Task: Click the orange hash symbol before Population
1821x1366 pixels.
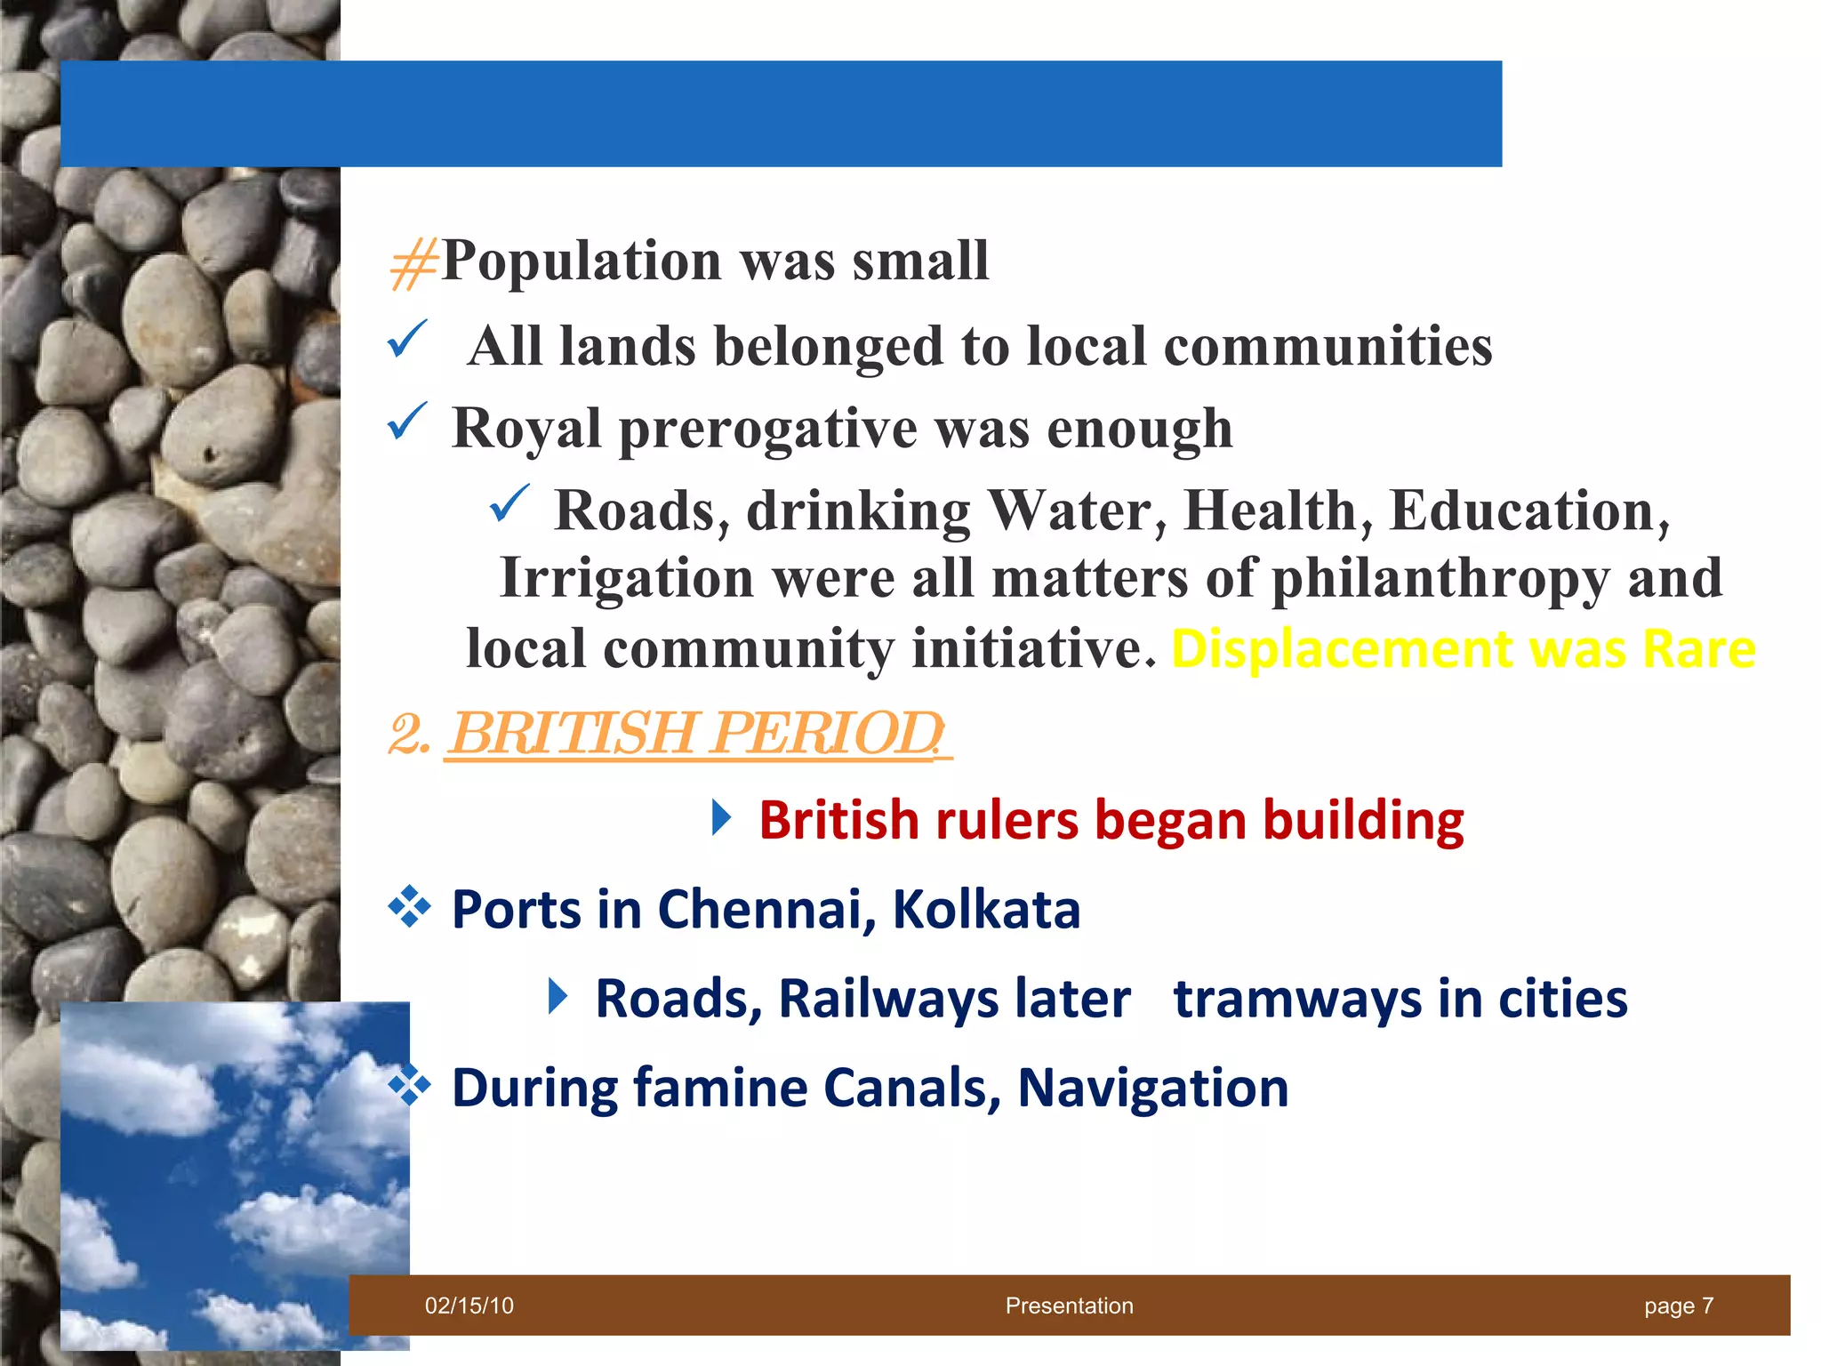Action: coord(413,264)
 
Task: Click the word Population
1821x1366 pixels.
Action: coord(581,261)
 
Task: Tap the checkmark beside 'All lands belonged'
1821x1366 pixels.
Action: coord(408,341)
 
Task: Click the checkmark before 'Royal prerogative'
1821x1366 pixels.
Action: coord(408,422)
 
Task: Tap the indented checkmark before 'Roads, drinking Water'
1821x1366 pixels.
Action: coord(510,504)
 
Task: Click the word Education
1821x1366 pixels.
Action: coord(1528,511)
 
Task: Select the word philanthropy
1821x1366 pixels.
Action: coord(1440,579)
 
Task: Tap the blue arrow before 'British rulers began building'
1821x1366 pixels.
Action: coord(721,818)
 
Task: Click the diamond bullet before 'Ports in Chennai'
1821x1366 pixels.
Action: coord(409,908)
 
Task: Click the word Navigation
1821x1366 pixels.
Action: coord(1152,1088)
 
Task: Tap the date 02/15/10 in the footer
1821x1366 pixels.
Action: coord(469,1306)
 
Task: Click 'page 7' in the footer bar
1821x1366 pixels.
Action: coord(1678,1306)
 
